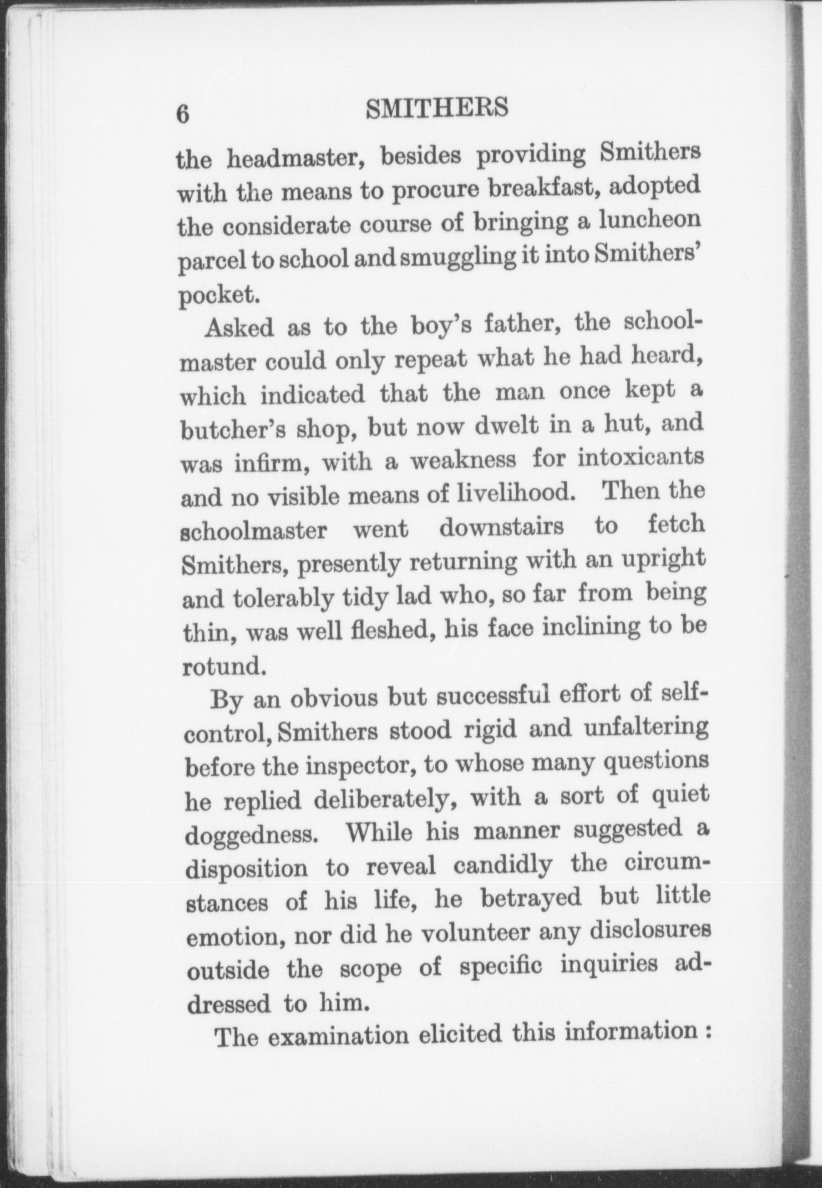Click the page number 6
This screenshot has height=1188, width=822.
tap(183, 115)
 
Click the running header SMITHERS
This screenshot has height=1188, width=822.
tap(437, 109)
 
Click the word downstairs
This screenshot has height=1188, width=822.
tap(501, 528)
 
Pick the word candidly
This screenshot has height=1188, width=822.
tap(502, 864)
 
